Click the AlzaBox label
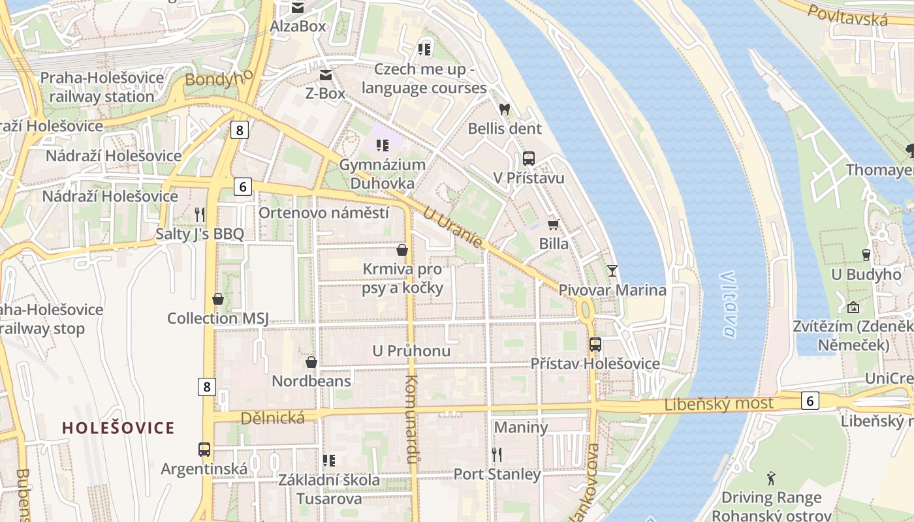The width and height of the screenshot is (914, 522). pos(298,27)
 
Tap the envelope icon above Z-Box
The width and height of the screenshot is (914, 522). pos(325,75)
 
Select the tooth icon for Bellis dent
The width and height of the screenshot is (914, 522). pos(504,110)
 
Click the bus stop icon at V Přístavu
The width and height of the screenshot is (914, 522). pos(529,159)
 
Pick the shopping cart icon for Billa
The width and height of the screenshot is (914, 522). pos(554,225)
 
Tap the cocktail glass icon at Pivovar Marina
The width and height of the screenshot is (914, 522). pos(612,270)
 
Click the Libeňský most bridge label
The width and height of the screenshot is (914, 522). pos(718,404)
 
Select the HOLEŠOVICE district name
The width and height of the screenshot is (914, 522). pos(118,428)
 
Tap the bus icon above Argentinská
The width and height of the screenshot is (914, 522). pos(204,450)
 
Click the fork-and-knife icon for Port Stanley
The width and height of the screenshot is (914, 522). pos(497,454)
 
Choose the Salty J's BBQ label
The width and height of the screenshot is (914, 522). pos(199,234)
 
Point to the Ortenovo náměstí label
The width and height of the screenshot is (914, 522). pos(324,213)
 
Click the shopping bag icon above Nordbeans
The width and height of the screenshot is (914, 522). pos(311,362)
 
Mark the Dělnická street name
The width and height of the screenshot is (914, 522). pos(272,418)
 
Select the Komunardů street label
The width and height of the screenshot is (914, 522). pos(411,419)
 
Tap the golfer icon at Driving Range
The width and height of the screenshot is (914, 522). pos(771,478)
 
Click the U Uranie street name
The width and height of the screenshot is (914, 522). pos(452,227)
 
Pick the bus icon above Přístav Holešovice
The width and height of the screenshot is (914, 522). pos(595,344)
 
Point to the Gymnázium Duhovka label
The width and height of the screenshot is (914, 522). pos(382,174)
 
